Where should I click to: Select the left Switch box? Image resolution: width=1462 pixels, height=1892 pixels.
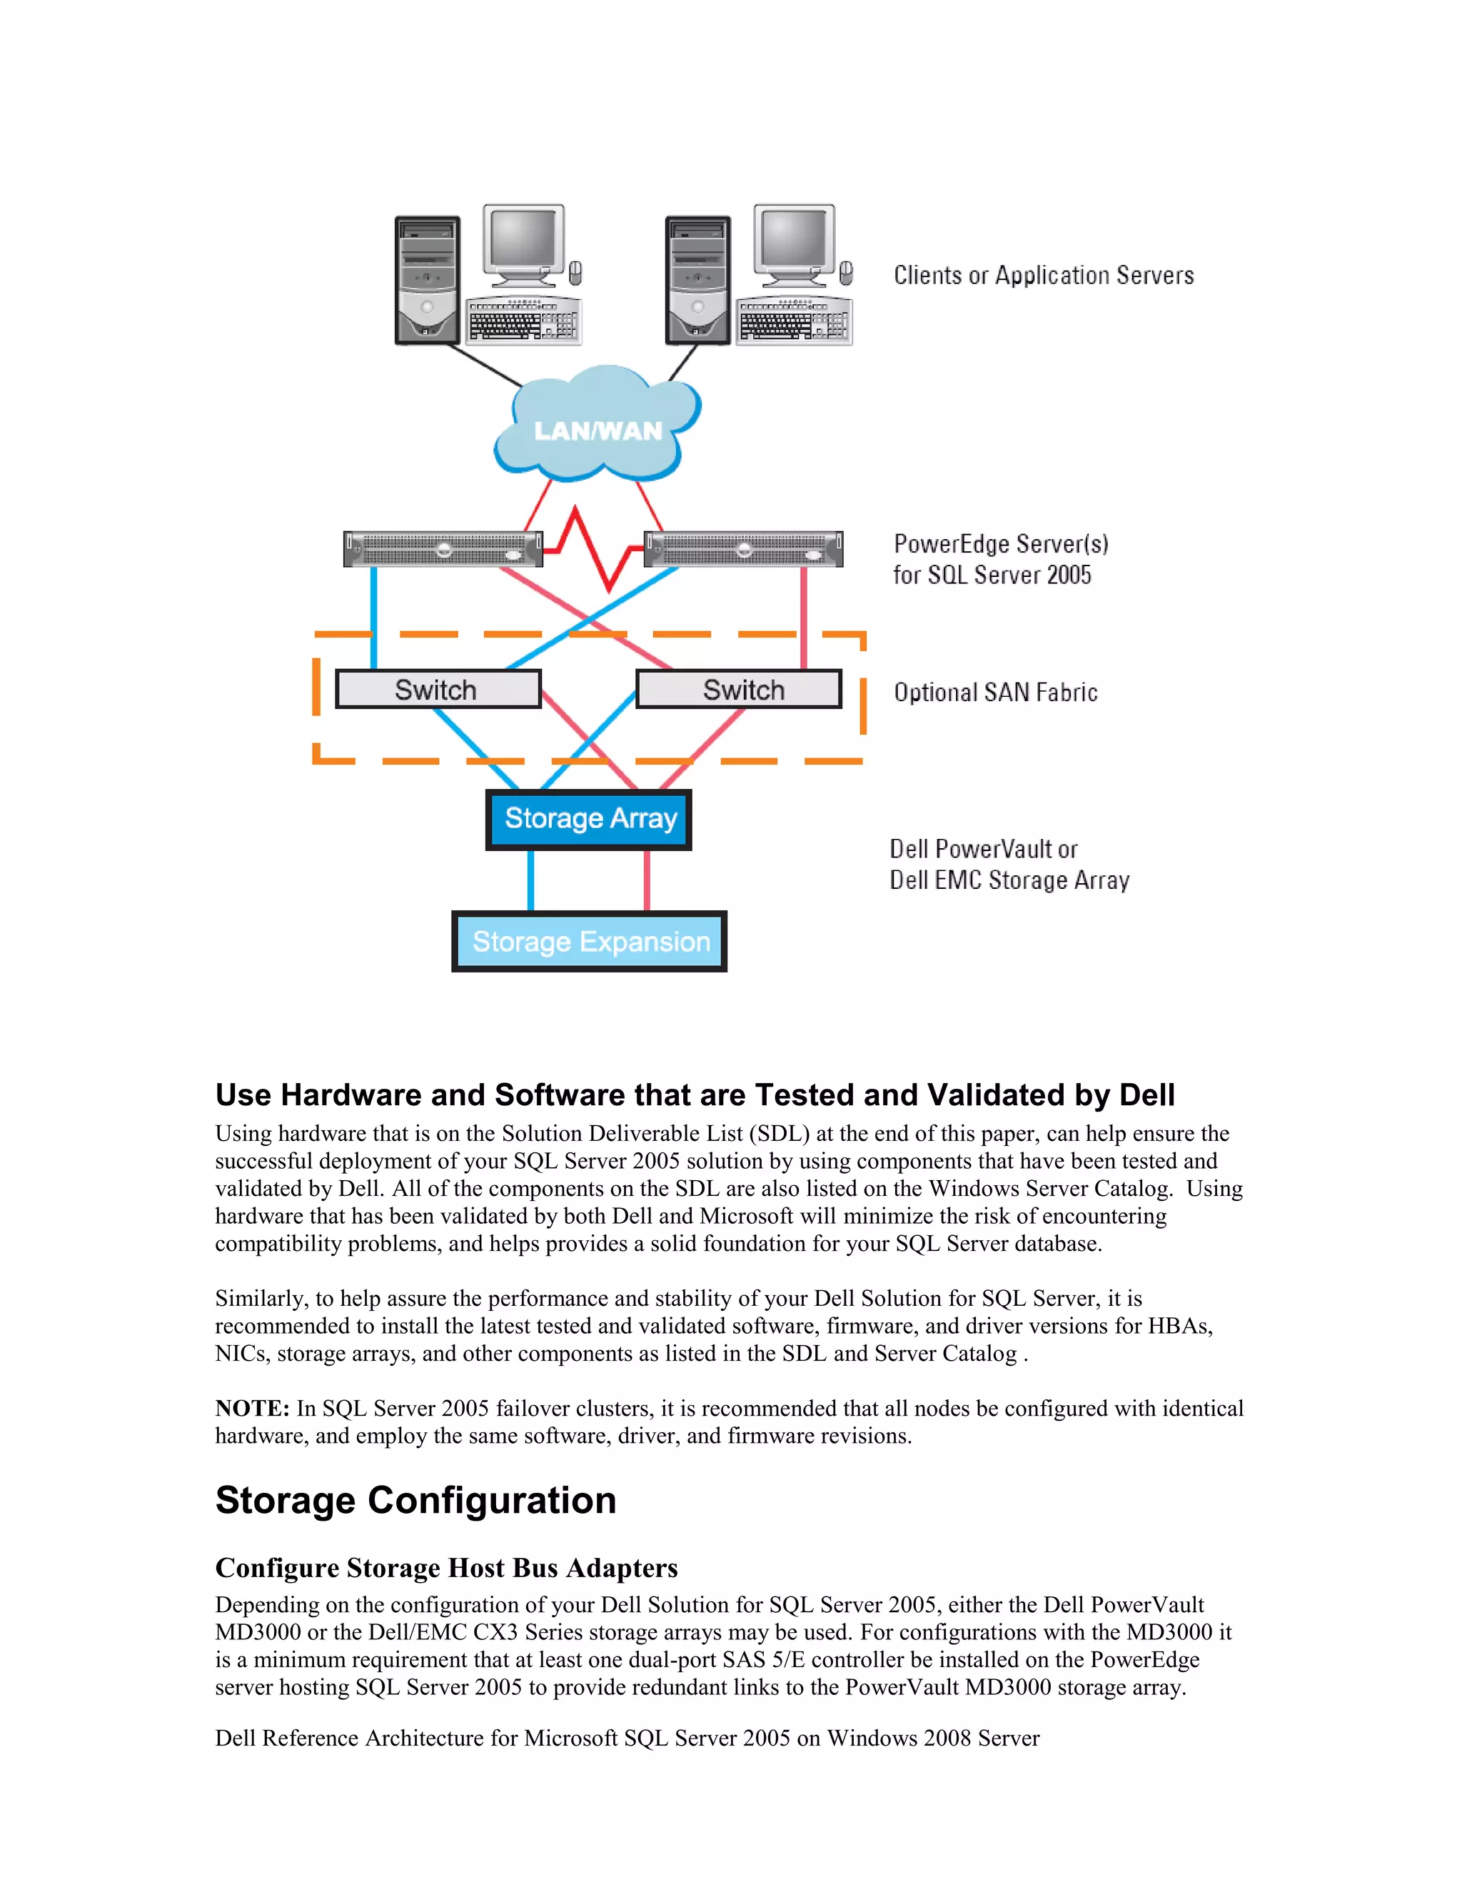(438, 690)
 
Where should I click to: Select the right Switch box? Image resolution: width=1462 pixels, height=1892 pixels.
(739, 690)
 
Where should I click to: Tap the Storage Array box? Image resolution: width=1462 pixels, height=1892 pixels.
(589, 819)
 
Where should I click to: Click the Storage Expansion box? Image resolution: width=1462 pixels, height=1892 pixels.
(589, 942)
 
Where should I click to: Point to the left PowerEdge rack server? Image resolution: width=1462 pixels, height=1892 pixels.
(443, 549)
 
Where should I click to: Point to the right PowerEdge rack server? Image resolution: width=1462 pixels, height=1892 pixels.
(743, 549)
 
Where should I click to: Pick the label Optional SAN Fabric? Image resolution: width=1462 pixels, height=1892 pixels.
(995, 692)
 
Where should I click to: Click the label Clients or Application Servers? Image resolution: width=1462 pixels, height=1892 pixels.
(1043, 276)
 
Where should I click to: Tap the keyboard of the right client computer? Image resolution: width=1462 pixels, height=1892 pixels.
(793, 323)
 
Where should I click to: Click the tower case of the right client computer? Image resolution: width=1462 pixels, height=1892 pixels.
(697, 280)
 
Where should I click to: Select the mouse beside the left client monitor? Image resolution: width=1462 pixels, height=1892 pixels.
(575, 273)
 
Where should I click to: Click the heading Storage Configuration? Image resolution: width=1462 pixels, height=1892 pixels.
(415, 1501)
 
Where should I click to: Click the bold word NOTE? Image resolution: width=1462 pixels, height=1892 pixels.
(252, 1409)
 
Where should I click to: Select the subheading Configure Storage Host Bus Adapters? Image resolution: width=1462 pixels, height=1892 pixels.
(446, 1568)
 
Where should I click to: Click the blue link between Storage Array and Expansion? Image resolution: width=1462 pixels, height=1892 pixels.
(531, 880)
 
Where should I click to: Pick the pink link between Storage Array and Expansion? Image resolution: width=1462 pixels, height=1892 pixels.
(647, 880)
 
